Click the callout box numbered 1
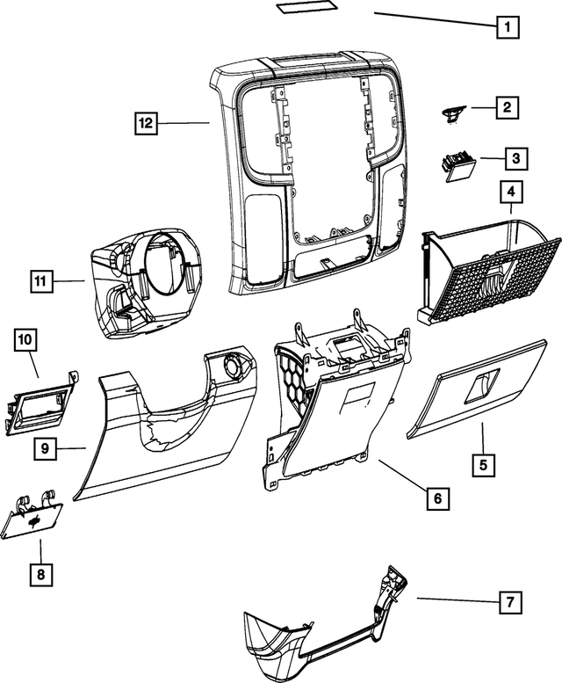point(505,25)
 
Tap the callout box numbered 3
point(515,158)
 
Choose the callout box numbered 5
point(482,463)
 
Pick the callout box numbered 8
point(40,575)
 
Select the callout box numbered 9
point(47,448)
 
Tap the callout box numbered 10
point(25,338)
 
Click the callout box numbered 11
point(39,282)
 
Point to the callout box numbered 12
point(146,123)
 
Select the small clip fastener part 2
point(454,113)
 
